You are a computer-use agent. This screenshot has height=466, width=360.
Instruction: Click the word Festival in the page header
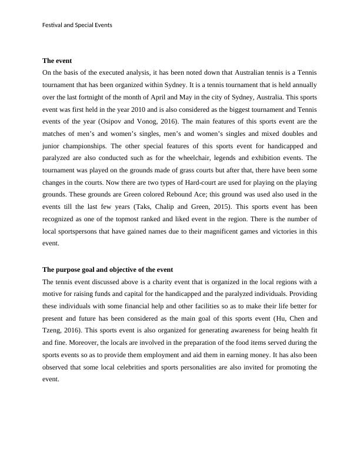tap(53, 25)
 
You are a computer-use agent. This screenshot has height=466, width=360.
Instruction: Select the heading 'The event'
tap(57, 61)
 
